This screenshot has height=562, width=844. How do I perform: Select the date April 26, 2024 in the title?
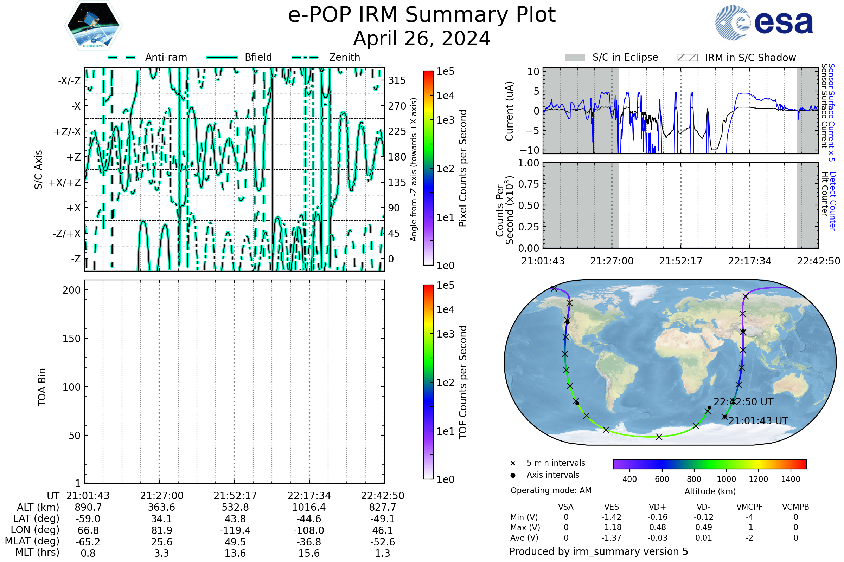(x=422, y=38)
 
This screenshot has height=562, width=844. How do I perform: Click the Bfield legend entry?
(x=258, y=57)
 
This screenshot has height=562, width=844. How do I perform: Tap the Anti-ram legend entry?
(x=166, y=57)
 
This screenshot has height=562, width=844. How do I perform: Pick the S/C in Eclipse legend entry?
(x=625, y=57)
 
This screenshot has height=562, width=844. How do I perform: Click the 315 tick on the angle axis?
(x=397, y=80)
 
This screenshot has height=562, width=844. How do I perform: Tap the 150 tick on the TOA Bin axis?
(x=71, y=339)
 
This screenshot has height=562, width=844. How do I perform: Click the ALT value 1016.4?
(x=309, y=507)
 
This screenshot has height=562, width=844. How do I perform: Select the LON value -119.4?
(x=235, y=530)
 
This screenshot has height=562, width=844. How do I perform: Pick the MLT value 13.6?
(x=235, y=553)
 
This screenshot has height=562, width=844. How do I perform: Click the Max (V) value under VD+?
(x=657, y=527)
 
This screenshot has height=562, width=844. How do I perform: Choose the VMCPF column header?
(x=749, y=507)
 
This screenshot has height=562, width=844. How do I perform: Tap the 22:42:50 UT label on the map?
(x=743, y=402)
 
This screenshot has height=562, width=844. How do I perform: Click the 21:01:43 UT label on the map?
(x=758, y=421)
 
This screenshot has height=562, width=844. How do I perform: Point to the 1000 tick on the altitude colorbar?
(x=726, y=479)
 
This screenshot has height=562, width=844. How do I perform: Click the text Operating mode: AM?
(x=551, y=490)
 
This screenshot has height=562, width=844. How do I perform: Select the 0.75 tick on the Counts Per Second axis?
(x=529, y=184)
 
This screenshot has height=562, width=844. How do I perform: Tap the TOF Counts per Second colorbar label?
(x=463, y=382)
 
